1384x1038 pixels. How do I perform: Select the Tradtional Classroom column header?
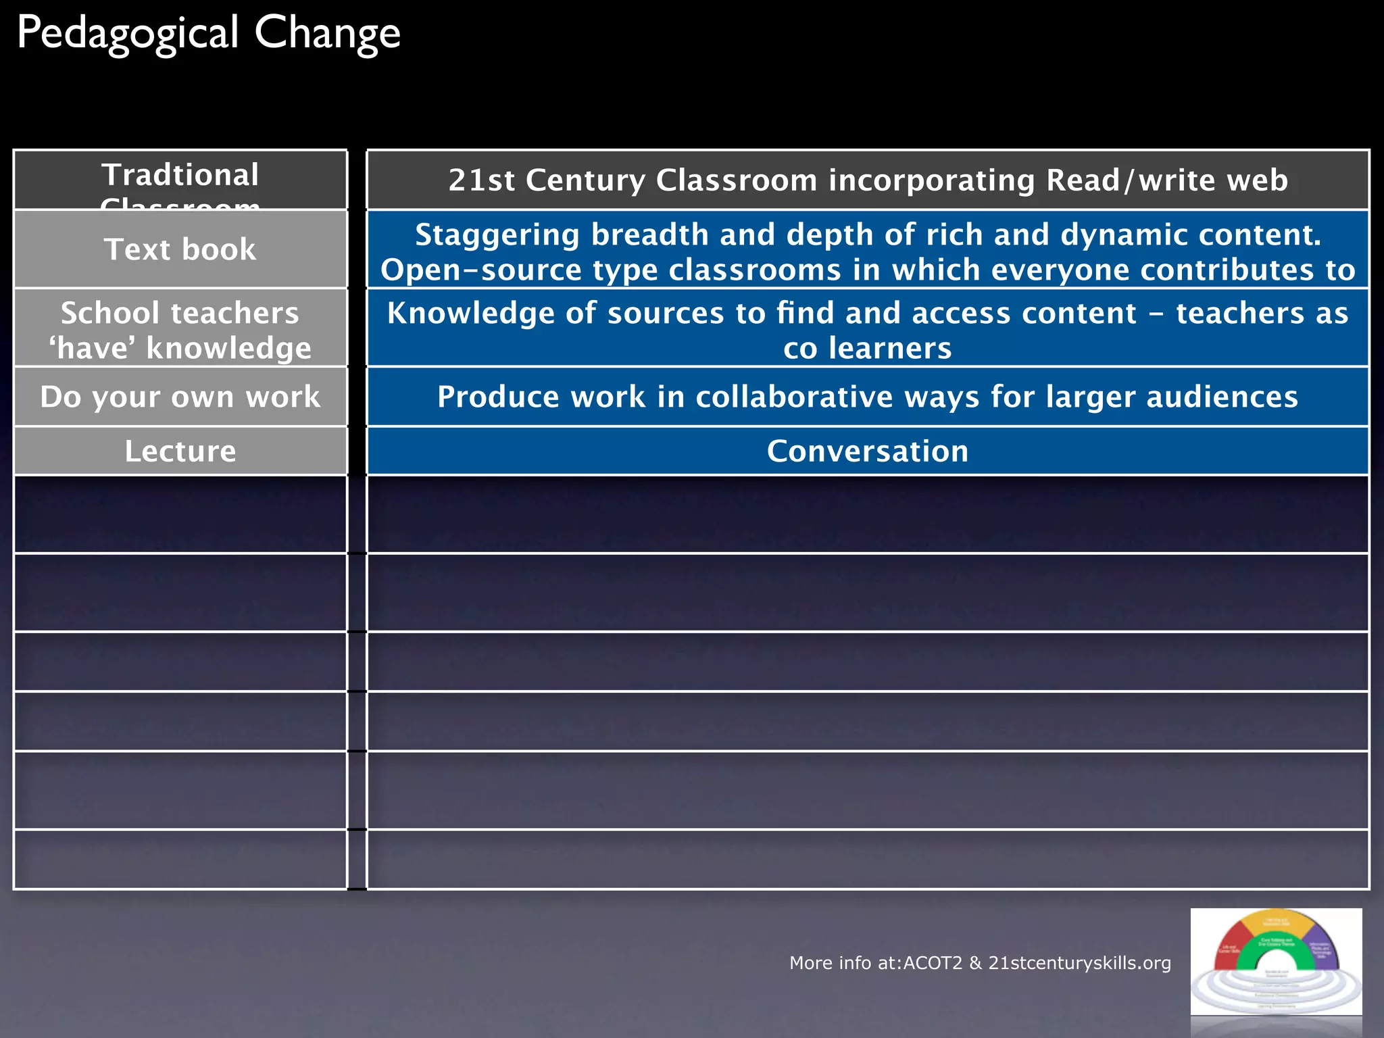tap(180, 179)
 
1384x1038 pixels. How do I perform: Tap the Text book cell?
tap(180, 249)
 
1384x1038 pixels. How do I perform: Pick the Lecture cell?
tap(180, 451)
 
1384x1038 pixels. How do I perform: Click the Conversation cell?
tap(867, 451)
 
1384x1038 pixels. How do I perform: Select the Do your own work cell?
tap(180, 397)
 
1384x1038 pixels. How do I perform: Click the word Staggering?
tap(497, 234)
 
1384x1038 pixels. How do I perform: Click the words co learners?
tap(867, 348)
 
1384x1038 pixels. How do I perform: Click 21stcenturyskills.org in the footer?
tap(1079, 963)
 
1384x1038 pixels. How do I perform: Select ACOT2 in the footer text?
tap(932, 963)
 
